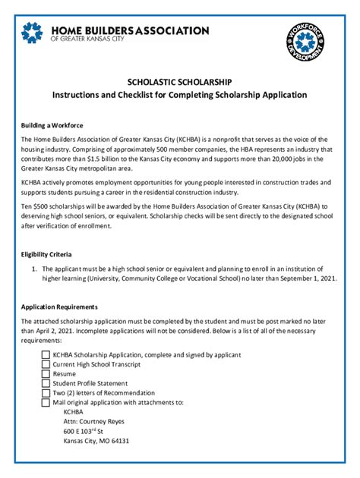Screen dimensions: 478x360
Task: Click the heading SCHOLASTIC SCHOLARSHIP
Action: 179,81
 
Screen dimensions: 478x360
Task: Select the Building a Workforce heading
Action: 52,124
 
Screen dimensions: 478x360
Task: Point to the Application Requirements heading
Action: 59,307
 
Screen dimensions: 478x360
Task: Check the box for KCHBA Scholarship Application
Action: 46,354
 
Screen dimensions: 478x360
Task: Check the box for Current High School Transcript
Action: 46,364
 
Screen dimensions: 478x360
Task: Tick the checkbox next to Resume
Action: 46,374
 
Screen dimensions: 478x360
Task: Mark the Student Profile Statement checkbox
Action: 46,383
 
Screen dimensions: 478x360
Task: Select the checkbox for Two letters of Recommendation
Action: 46,393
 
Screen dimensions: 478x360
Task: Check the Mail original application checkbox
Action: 46,403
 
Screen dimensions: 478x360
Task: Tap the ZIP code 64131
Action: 118,441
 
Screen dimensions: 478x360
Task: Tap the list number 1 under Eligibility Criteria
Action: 34,269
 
